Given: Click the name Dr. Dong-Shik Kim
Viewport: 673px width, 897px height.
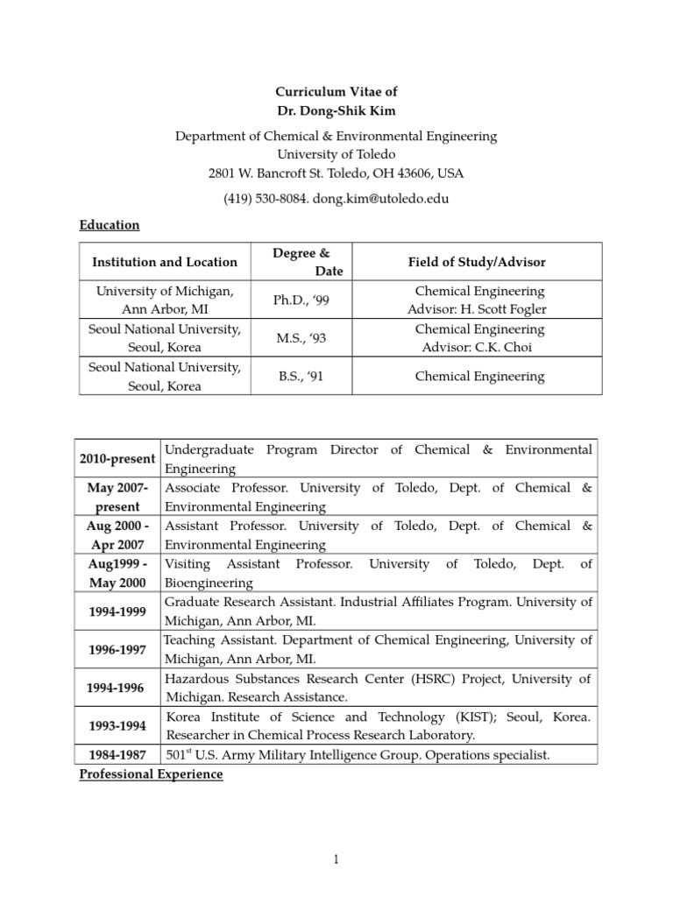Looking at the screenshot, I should coord(336,109).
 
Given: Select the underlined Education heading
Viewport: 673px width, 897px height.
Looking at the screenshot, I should coord(110,225).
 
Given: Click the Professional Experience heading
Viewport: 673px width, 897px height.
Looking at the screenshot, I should coord(152,775).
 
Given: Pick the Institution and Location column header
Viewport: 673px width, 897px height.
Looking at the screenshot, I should coord(165,262).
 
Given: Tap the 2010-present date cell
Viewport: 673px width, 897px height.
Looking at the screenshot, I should coord(117,459).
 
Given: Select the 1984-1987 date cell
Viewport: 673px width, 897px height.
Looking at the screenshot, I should coord(117,755).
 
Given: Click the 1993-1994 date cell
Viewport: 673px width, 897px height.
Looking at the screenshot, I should coord(117,726).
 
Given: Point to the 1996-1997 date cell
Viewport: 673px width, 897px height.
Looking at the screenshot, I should coord(117,650).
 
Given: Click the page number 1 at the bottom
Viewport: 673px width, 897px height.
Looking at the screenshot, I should coord(336,861).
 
